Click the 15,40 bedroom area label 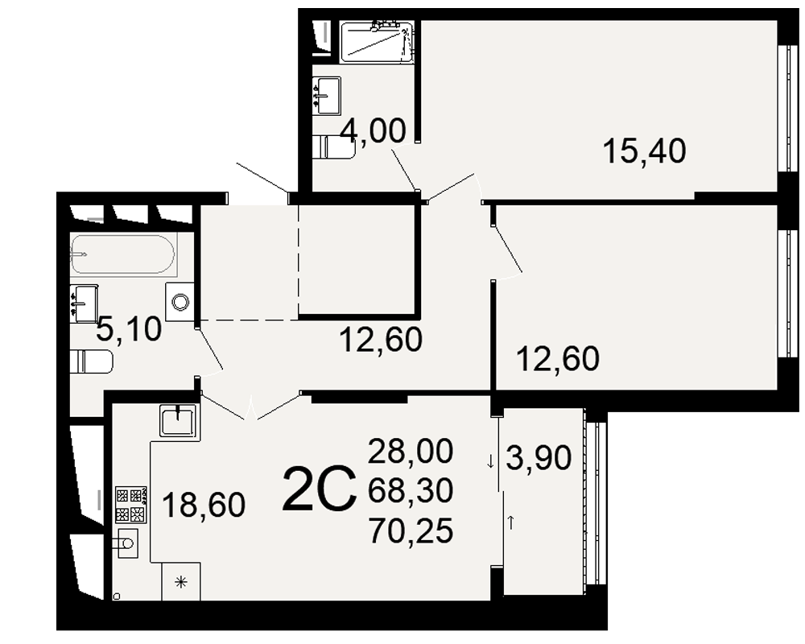tap(644, 151)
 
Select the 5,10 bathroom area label tap(129, 329)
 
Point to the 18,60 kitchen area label tap(204, 504)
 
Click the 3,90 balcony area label tap(539, 457)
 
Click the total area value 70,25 tap(411, 530)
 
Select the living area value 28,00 tap(411, 450)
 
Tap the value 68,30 tap(411, 490)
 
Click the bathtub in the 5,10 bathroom tap(122, 254)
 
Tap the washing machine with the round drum tap(180, 302)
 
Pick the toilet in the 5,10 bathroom tap(92, 361)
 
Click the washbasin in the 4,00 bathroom tap(327, 96)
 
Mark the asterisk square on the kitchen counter tap(180, 582)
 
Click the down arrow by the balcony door tap(490, 462)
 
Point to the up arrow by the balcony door tap(511, 523)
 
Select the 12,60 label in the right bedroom tap(558, 358)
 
